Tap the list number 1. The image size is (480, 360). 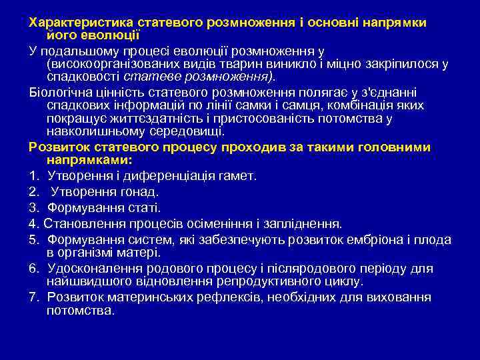[x=33, y=176]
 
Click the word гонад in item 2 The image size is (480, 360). [x=136, y=192]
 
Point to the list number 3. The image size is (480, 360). [x=33, y=208]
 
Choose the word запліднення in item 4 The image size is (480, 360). [x=305, y=224]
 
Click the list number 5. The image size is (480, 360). [x=33, y=240]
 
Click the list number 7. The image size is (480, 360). [x=33, y=297]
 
